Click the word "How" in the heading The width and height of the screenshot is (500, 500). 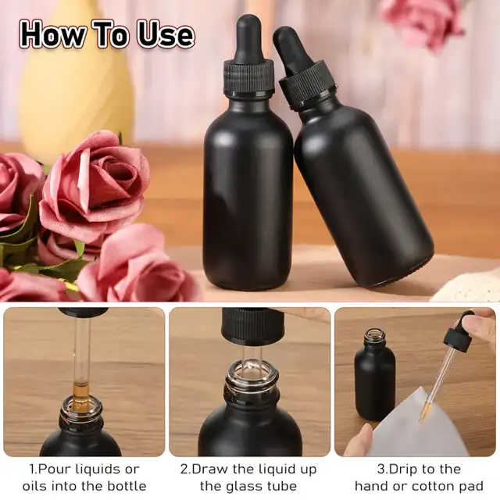(x=53, y=34)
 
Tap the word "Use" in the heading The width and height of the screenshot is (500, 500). (x=166, y=34)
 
